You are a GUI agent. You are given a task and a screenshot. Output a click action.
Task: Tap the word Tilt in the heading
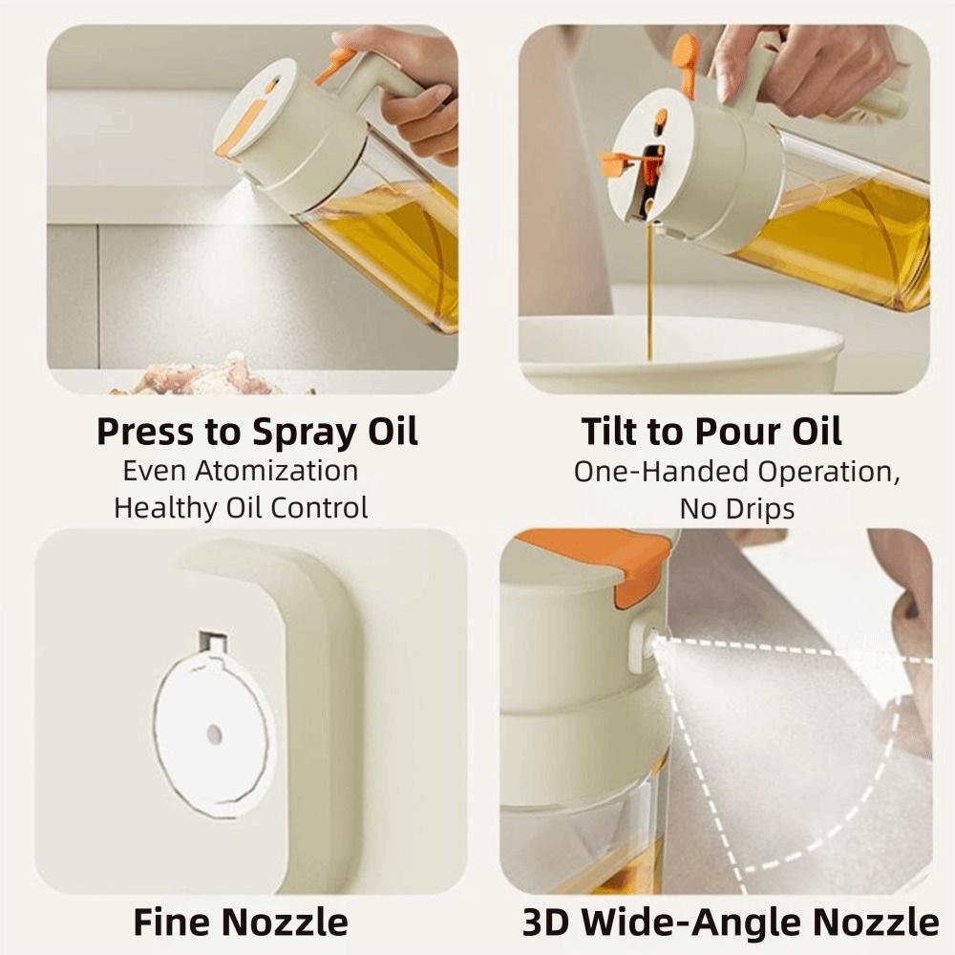coord(610,432)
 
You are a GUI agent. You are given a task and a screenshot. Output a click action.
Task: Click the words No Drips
coord(736,509)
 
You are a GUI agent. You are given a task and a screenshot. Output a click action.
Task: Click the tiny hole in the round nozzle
coord(214,733)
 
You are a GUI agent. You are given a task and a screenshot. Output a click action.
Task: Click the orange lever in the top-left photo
coord(335,65)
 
